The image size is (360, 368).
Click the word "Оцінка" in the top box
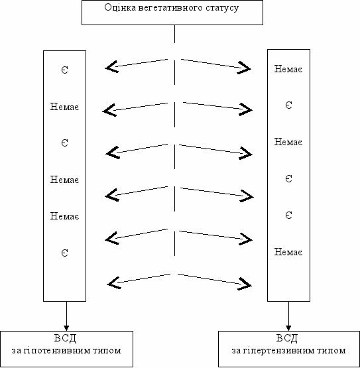pyautogui.click(x=120, y=7)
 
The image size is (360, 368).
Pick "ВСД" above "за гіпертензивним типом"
pyautogui.click(x=287, y=338)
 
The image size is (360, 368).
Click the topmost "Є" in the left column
pyautogui.click(x=65, y=70)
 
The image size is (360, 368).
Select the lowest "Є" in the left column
pyautogui.click(x=65, y=253)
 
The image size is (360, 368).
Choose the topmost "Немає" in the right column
pyautogui.click(x=288, y=69)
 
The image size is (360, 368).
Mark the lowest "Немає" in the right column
pyautogui.click(x=288, y=252)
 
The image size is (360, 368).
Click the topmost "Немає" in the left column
pyautogui.click(x=64, y=107)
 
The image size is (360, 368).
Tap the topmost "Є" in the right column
pyautogui.click(x=288, y=105)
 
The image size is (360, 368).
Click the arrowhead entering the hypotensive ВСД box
pyautogui.click(x=66, y=328)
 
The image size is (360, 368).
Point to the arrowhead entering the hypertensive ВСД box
pyautogui.click(x=288, y=328)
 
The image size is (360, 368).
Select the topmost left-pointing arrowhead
pyautogui.click(x=111, y=67)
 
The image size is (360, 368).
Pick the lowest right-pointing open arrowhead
pyautogui.click(x=245, y=284)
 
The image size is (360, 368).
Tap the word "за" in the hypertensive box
pyautogui.click(x=236, y=351)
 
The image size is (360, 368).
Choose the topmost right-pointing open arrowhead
pyautogui.click(x=244, y=68)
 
